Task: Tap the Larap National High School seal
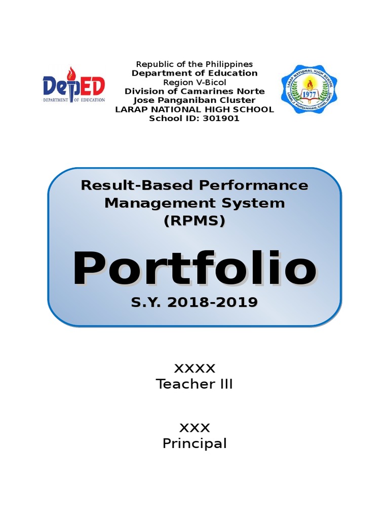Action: click(x=309, y=89)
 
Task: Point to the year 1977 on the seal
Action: click(x=309, y=94)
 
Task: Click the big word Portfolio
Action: click(x=194, y=269)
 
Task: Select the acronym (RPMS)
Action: click(x=194, y=221)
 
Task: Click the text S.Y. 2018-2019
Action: click(x=194, y=303)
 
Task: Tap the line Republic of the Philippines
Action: click(x=194, y=64)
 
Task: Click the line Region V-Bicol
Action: click(x=194, y=82)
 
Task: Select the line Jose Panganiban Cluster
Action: click(x=194, y=100)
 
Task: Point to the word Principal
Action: click(x=194, y=443)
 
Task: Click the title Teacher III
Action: click(x=194, y=384)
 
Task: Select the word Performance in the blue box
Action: click(x=253, y=186)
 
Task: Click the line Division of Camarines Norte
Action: click(x=194, y=91)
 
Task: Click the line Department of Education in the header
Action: click(x=194, y=73)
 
